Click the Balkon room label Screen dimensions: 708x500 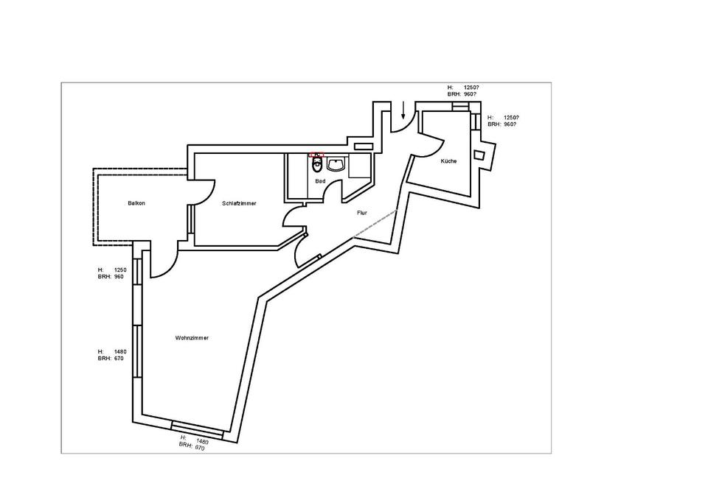tap(136, 203)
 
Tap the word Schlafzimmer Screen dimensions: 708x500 tap(239, 203)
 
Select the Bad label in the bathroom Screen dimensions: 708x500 tap(319, 180)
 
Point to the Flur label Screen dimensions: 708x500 tap(362, 212)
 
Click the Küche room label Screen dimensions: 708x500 tap(448, 161)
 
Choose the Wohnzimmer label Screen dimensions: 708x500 tap(192, 338)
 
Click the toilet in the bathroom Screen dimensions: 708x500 tap(317, 164)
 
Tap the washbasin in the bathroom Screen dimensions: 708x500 tap(337, 164)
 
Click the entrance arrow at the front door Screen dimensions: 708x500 tap(403, 111)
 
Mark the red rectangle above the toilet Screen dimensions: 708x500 tap(316, 155)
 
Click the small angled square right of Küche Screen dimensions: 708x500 tap(479, 155)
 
